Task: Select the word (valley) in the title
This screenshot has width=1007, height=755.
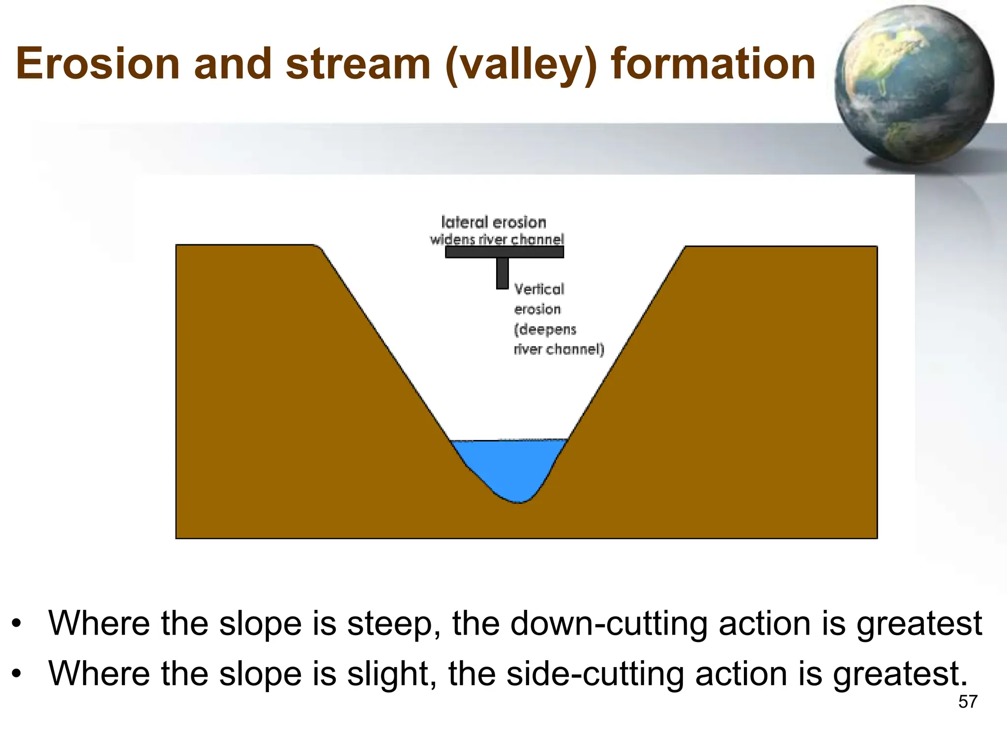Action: click(x=521, y=65)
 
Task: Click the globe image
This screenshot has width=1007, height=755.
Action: click(x=914, y=85)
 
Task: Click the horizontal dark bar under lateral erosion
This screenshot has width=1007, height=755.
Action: click(x=504, y=252)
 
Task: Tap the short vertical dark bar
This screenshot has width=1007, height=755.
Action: click(x=502, y=273)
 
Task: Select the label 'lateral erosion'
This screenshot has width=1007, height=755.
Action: click(x=494, y=222)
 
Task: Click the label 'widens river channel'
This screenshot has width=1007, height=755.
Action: click(x=497, y=239)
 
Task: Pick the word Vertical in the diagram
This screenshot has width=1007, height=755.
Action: click(x=539, y=289)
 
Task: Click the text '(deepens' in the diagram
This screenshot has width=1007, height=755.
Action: click(x=545, y=329)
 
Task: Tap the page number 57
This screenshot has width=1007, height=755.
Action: click(x=968, y=702)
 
